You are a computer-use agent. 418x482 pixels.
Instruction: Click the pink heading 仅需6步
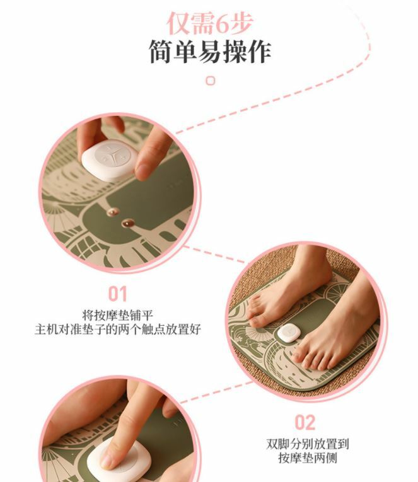coord(210,23)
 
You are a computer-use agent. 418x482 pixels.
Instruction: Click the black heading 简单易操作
coord(210,52)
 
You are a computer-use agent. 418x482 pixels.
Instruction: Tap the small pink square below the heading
coord(211,81)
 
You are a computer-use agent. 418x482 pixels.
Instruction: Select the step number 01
coord(117,294)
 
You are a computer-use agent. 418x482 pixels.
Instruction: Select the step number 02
coord(305,422)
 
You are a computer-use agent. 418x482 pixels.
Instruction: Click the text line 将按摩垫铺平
coord(117,316)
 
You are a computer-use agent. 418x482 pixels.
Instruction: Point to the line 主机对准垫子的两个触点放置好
coord(117,330)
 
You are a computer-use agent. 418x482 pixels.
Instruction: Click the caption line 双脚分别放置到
coord(307,444)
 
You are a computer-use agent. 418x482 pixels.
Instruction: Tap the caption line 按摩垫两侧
coord(307,457)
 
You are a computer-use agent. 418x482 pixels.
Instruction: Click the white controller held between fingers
coord(109,160)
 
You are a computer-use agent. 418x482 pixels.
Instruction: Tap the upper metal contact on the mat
coord(113,212)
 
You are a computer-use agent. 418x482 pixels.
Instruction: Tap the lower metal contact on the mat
coord(127,223)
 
